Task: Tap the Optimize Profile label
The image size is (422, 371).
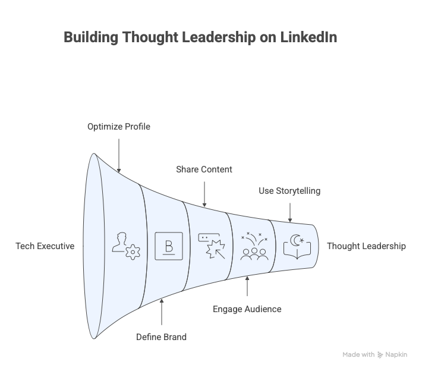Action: click(119, 127)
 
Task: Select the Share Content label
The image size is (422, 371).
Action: click(204, 169)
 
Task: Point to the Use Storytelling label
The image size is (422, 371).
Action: click(289, 191)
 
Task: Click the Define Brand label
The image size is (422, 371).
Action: click(162, 337)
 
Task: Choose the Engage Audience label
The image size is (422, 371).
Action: click(247, 309)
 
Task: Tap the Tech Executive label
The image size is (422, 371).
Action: click(45, 246)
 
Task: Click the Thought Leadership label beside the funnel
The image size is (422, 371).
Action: click(366, 246)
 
